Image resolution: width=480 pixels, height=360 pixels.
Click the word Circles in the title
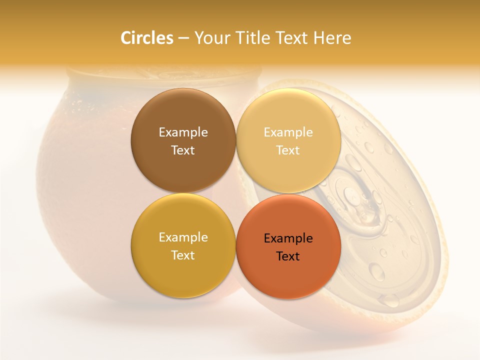[x=146, y=38]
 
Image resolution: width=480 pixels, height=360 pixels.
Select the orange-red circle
[x=288, y=275]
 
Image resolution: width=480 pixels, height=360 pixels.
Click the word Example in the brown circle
[x=183, y=132]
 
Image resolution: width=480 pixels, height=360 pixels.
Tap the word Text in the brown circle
[x=183, y=150]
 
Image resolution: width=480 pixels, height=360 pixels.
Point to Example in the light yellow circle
[x=288, y=132]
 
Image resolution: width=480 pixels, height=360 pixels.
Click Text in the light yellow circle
[x=288, y=150]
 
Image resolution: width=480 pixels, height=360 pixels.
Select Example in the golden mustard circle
[x=183, y=237]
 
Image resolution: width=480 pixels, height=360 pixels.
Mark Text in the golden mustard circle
[x=183, y=255]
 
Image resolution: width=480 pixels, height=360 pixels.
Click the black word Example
[x=288, y=238]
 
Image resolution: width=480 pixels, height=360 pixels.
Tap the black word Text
[x=288, y=256]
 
